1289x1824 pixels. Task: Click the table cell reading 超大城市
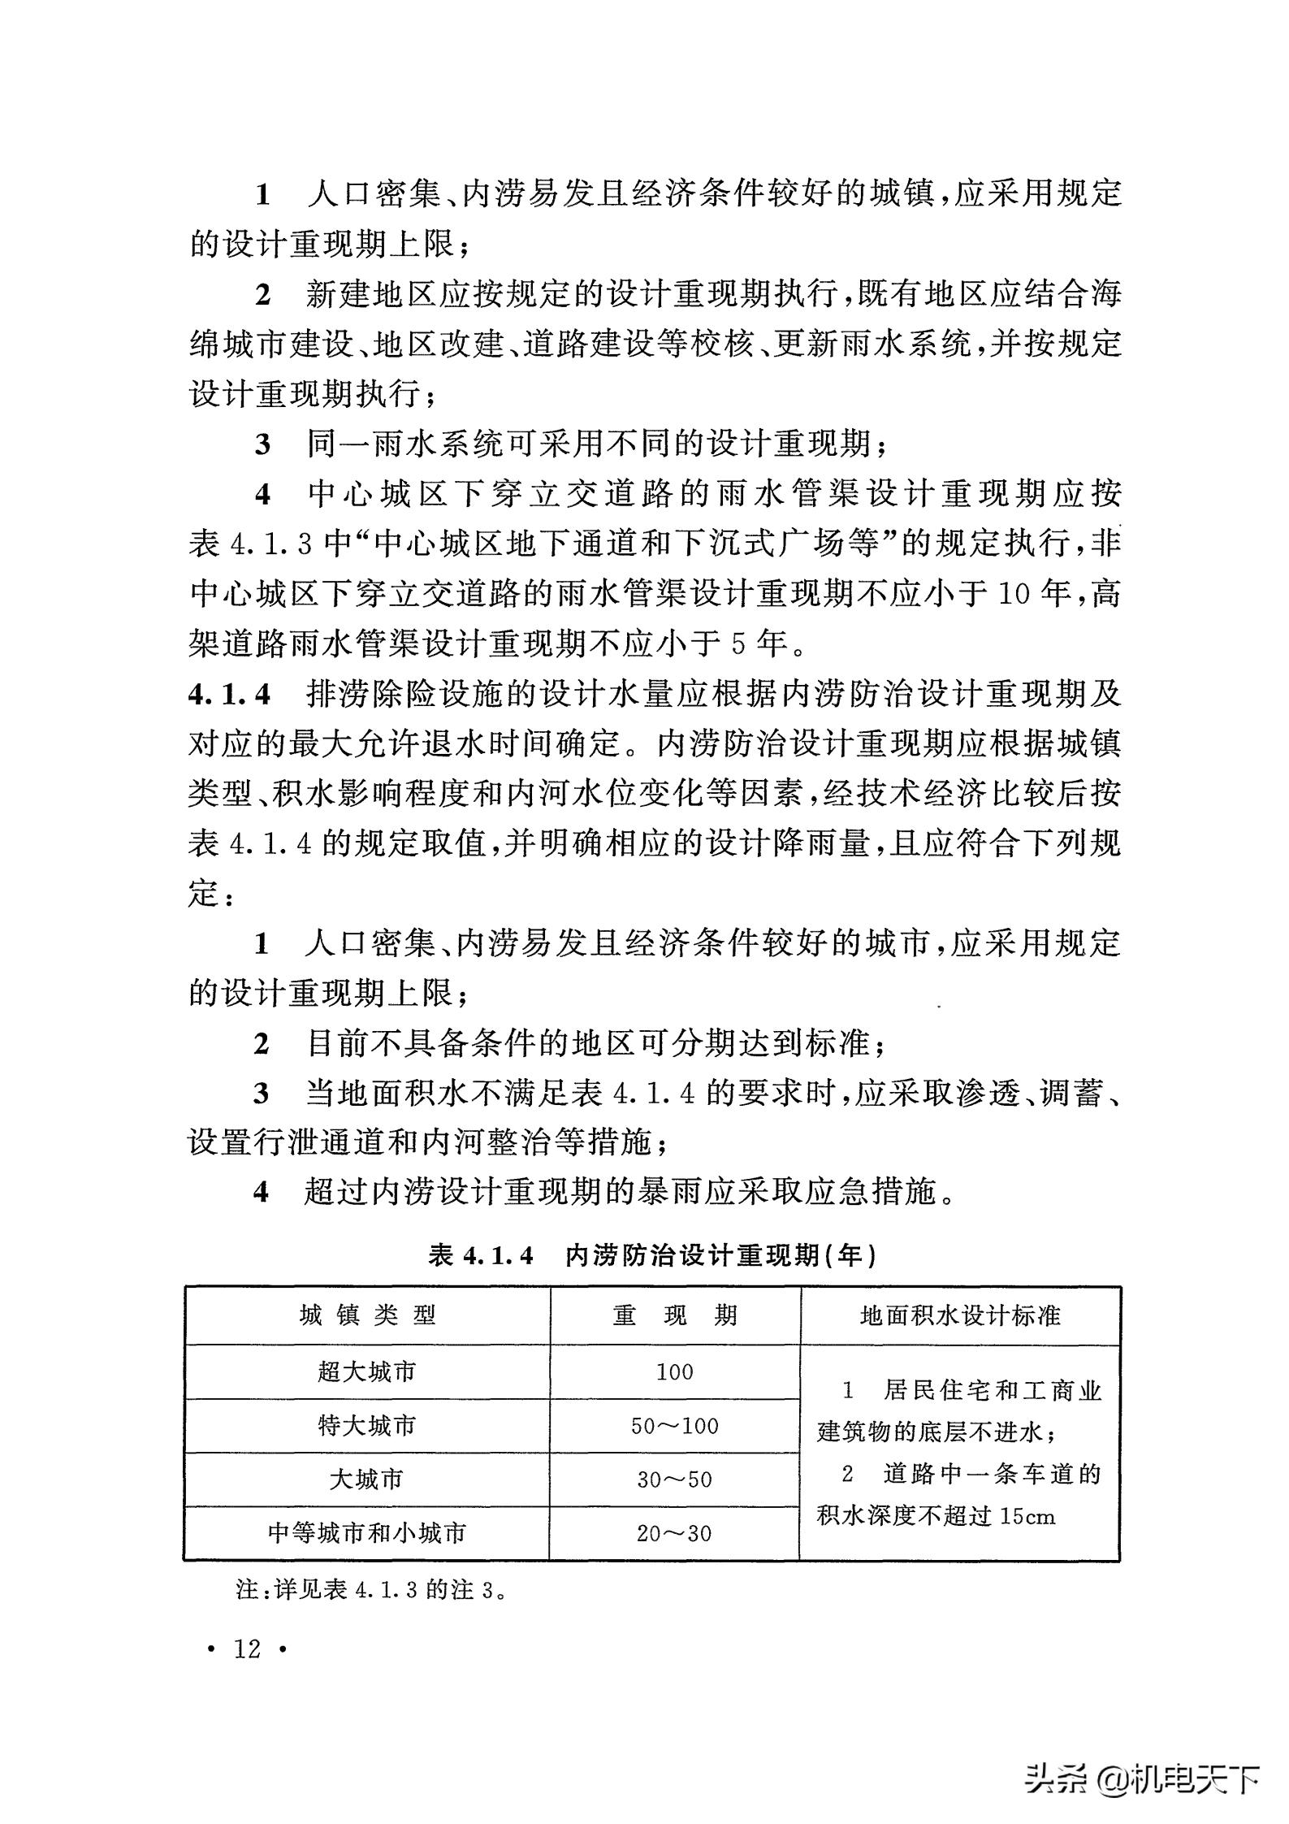coord(366,1372)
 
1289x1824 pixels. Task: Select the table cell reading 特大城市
coord(366,1426)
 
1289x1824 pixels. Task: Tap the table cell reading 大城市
coord(366,1480)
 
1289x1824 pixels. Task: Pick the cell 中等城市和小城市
coord(366,1533)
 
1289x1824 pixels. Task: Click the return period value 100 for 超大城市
coord(674,1372)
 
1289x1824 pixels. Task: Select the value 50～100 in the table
coord(674,1426)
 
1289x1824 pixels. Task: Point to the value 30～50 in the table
coord(674,1480)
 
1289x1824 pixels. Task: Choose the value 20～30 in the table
coord(674,1533)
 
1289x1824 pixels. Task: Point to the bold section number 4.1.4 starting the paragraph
coord(229,695)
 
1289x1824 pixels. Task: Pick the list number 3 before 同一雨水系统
coord(262,445)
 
